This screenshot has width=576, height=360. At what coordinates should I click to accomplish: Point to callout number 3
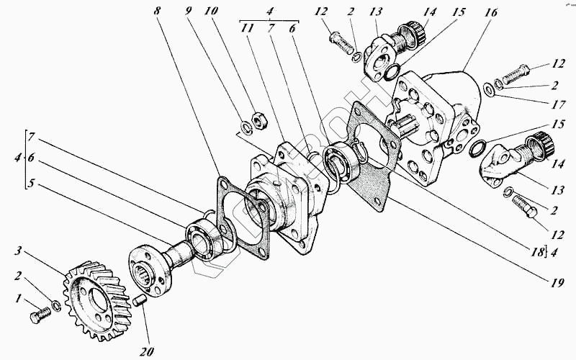pyautogui.click(x=20, y=251)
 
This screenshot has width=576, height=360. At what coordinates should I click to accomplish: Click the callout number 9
pyautogui.click(x=189, y=12)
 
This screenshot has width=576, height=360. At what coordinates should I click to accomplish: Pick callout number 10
pyautogui.click(x=210, y=12)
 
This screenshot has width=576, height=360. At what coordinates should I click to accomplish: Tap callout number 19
pyautogui.click(x=554, y=283)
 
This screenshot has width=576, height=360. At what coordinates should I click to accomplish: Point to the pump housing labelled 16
pyautogui.click(x=439, y=108)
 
